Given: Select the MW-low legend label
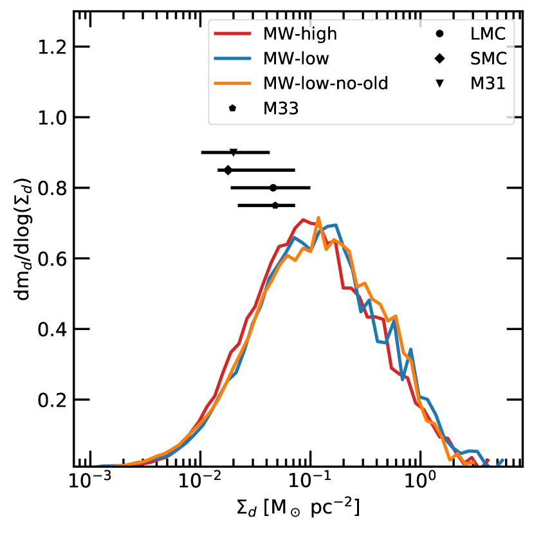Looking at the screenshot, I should pos(297,59).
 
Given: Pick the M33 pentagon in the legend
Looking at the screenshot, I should pos(232,109).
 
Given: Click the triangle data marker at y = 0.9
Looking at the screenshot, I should pos(234,152).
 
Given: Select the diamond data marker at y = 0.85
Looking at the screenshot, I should pos(228,170).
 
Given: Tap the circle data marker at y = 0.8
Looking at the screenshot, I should pos(273,188).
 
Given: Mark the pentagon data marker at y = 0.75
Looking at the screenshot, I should pos(275,205).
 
